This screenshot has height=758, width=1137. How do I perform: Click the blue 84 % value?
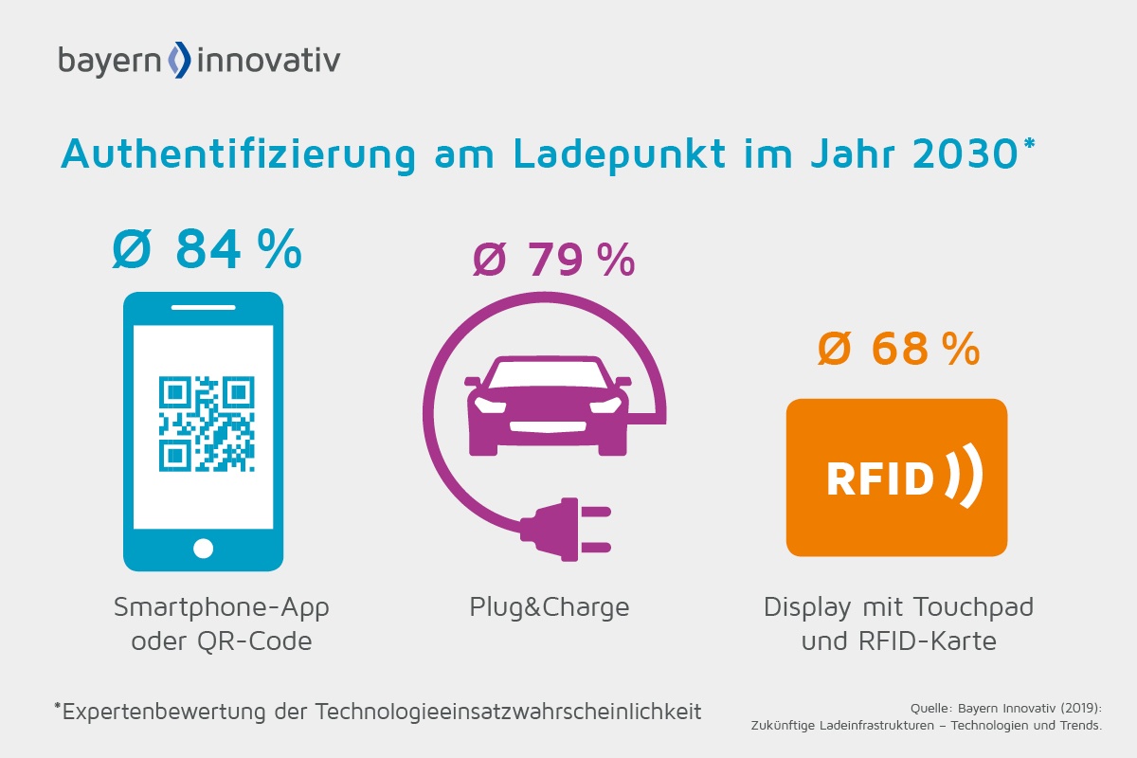(x=207, y=249)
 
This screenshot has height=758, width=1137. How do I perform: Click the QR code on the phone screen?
(x=206, y=424)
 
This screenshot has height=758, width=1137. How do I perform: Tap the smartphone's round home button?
(x=204, y=548)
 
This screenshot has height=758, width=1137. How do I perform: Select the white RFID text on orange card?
(x=880, y=479)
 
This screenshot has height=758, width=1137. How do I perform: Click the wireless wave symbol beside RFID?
(x=965, y=477)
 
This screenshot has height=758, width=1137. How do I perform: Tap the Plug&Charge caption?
(x=549, y=606)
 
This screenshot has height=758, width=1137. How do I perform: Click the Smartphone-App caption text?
(x=221, y=606)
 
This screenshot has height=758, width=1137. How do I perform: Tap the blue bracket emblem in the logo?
(x=179, y=60)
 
